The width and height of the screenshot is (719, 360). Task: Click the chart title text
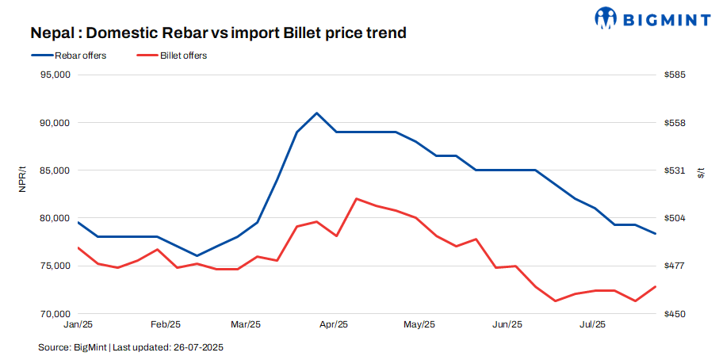coord(218,33)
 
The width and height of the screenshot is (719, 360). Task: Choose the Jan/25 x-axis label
coord(78,324)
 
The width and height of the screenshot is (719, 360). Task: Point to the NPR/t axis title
coord(22,194)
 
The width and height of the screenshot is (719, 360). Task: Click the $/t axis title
coord(702,172)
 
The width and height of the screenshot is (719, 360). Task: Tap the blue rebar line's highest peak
coord(317,113)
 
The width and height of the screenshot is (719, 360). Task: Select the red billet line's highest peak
coord(357,198)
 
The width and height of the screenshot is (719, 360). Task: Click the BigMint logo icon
coord(606,17)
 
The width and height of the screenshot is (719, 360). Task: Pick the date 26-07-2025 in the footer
coord(204,347)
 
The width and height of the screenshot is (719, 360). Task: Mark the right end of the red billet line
coord(656,286)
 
